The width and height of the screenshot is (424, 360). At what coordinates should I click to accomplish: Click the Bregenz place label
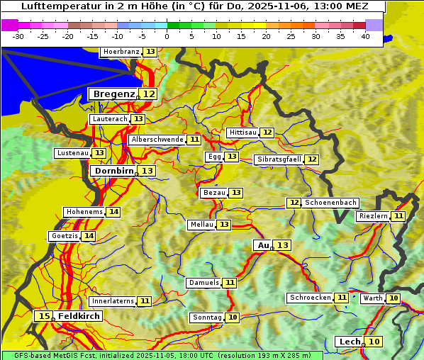113,94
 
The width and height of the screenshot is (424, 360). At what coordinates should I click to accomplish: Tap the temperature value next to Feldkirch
45,316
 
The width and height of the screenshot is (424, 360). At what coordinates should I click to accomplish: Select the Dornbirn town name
113,171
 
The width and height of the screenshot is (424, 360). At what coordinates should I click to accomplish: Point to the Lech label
350,342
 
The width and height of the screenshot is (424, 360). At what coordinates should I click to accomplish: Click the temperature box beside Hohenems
113,212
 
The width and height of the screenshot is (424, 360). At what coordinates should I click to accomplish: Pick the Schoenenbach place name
330,203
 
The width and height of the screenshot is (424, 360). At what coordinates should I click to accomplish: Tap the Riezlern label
373,216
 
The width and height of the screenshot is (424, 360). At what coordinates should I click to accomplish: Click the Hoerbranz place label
121,52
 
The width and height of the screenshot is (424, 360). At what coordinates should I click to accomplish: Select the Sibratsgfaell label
279,159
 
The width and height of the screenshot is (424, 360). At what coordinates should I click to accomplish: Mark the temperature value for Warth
394,298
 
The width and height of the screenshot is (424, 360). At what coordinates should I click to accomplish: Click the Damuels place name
203,283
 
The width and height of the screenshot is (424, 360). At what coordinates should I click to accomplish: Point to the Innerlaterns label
113,301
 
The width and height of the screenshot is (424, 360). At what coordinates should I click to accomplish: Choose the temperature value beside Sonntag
233,317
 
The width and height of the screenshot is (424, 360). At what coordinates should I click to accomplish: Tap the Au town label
263,245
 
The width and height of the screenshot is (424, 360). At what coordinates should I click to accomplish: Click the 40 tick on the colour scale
365,36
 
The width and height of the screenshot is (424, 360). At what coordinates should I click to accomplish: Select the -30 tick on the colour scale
18,36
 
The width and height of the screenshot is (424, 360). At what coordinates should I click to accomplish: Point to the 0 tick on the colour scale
167,36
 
